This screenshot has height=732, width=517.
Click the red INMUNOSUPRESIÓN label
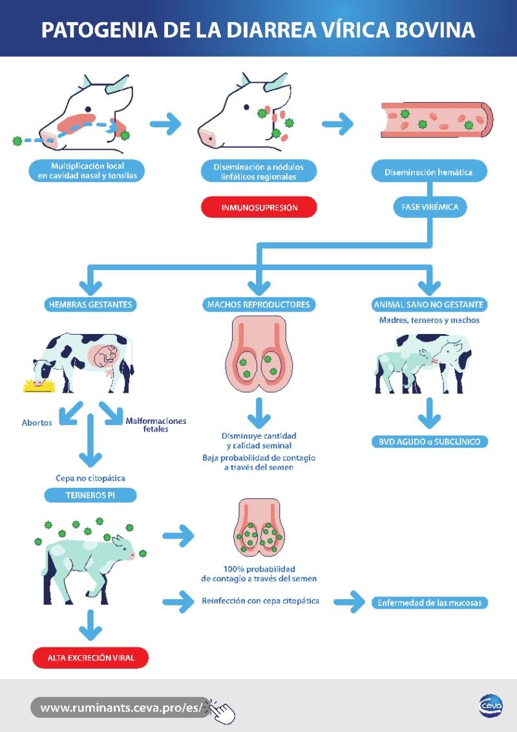tap(259, 208)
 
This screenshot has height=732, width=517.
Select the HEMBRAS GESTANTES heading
tap(90, 304)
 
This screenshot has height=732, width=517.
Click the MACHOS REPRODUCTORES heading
tap(258, 304)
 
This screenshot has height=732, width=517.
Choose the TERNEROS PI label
tap(90, 496)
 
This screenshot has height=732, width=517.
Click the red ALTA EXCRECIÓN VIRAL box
tap(90, 658)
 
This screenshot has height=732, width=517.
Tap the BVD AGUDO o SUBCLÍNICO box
tap(429, 442)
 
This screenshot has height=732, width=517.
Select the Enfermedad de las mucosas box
tap(430, 603)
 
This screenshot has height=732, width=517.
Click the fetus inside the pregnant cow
tap(107, 355)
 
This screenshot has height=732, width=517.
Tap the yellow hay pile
tap(39, 386)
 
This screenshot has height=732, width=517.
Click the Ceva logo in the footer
tap(491, 706)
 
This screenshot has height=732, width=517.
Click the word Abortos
tap(37, 423)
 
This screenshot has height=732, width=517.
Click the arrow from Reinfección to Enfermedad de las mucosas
tap(348, 602)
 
